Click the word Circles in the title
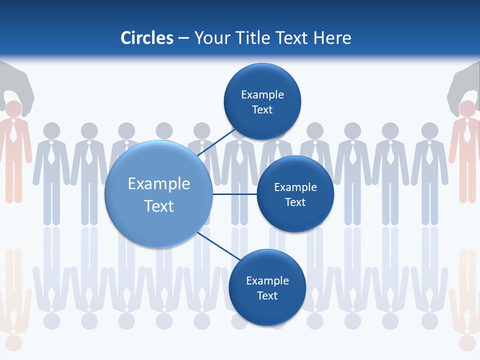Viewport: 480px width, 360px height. click(147, 38)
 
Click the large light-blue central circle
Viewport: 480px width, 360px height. click(158, 194)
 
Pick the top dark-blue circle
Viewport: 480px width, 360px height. click(262, 101)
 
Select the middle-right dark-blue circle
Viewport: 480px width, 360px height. click(295, 194)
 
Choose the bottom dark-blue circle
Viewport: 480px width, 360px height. click(267, 287)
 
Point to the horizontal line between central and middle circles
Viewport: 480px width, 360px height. click(234, 194)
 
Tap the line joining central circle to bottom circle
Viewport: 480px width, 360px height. click(218, 246)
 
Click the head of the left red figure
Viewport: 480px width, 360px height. click(13, 109)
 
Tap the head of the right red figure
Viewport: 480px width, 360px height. click(467, 109)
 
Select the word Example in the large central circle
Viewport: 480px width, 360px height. click(158, 184)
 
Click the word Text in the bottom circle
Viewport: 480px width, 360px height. click(267, 295)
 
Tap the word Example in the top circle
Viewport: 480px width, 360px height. click(262, 94)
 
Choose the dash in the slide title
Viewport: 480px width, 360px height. click(183, 38)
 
